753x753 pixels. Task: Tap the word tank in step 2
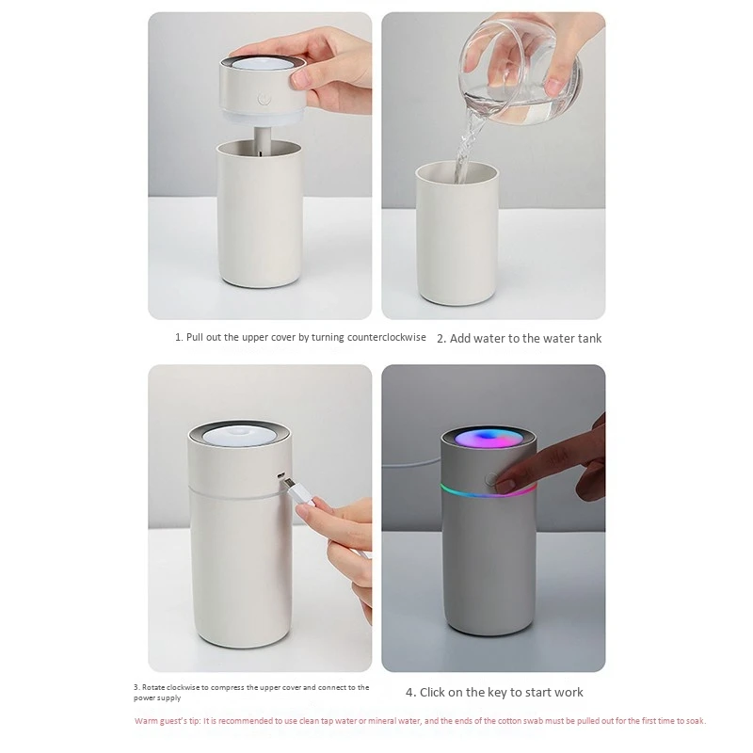[x=585, y=338]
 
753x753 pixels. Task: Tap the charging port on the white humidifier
[x=280, y=473]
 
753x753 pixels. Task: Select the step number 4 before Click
[x=409, y=693]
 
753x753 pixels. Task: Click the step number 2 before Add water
[x=441, y=338]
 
